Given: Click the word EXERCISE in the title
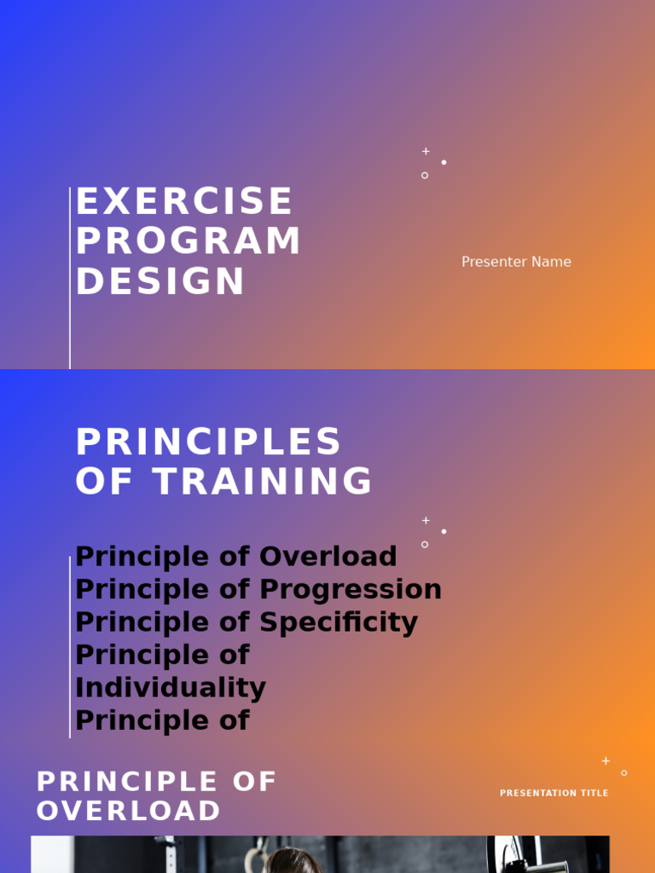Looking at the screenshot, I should pos(184,202).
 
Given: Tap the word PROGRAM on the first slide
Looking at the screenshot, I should pos(188,241).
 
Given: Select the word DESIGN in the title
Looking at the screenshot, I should pos(160,282).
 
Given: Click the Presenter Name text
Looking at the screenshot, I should pos(516,262).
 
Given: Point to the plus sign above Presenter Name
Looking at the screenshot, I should pos(426,151).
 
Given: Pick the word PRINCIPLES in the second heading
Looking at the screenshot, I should pos(209,442).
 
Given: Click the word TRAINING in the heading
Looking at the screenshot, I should pos(263,482).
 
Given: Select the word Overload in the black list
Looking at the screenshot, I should pos(328,557).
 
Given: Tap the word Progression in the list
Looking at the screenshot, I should pos(351,589).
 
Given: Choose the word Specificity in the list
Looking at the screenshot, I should pos(339,622).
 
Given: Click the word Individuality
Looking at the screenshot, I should pos(171,688).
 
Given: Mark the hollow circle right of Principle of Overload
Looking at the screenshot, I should pos(425,544).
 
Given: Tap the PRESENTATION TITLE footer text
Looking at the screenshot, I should pos(554,794).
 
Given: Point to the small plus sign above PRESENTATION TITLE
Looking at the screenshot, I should pos(606,760).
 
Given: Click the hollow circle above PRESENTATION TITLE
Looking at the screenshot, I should pos(624,773).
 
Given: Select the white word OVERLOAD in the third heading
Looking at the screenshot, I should pos(129,811).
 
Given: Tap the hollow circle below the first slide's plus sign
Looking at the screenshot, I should pos(425,176).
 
